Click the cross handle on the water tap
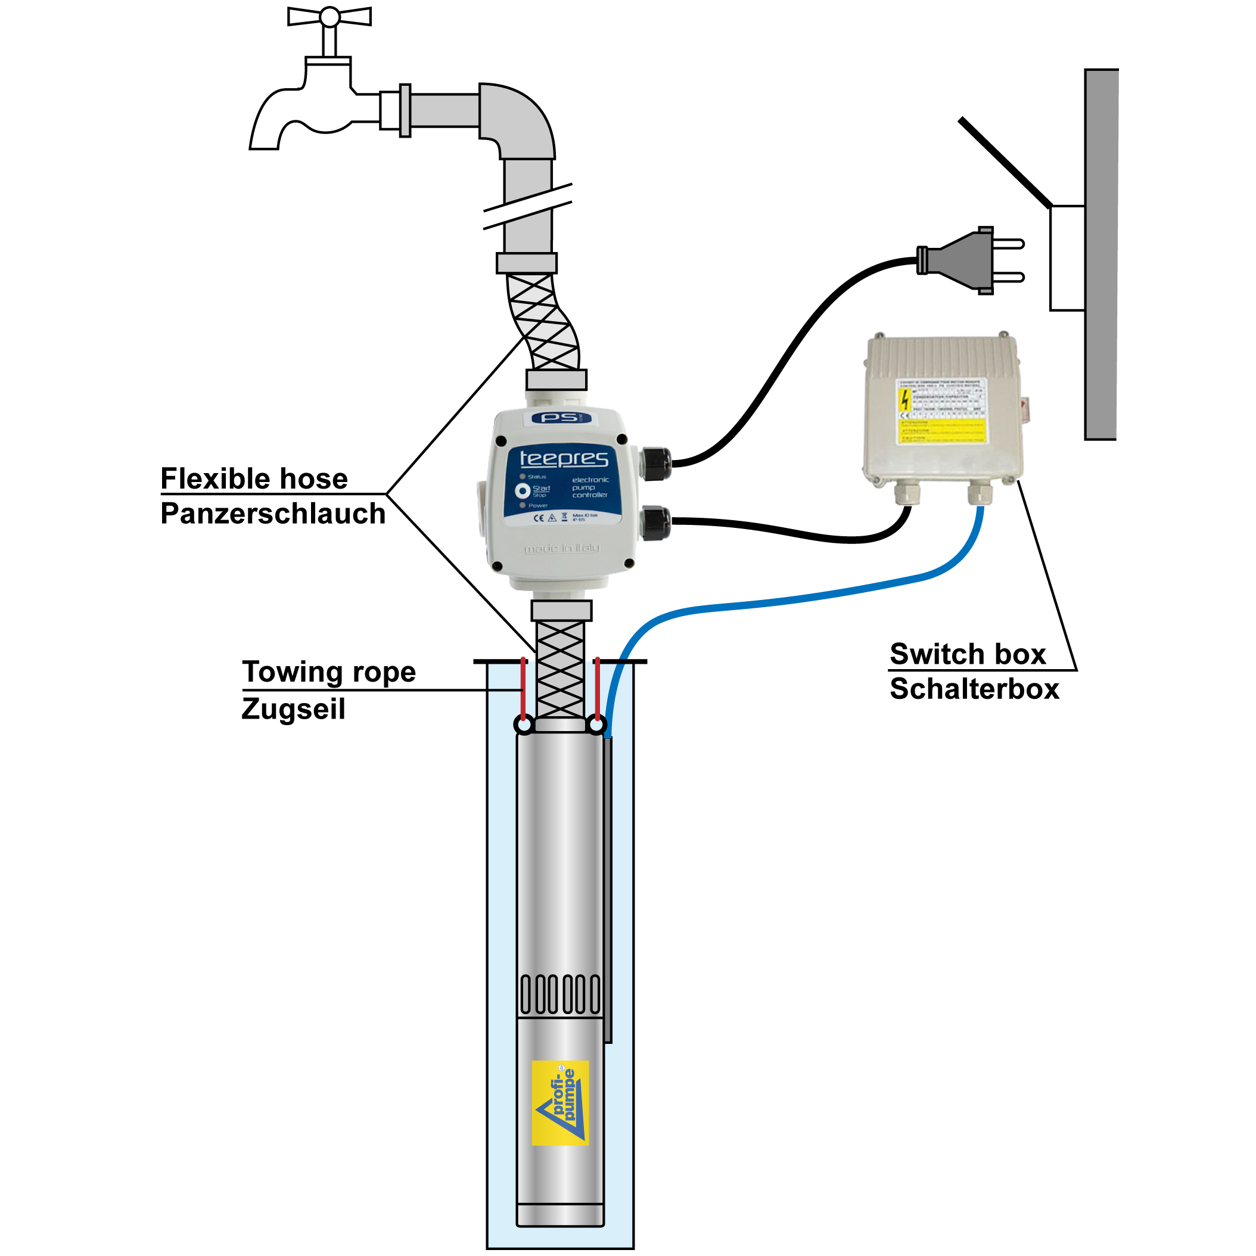point(329,17)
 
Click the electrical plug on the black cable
point(969,260)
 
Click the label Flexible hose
point(254,479)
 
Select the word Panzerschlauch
point(273,514)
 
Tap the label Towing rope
point(329,672)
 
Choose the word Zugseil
point(293,709)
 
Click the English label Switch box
point(968,655)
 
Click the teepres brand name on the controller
point(564,458)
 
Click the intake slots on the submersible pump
point(561,994)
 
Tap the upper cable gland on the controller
point(655,463)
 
